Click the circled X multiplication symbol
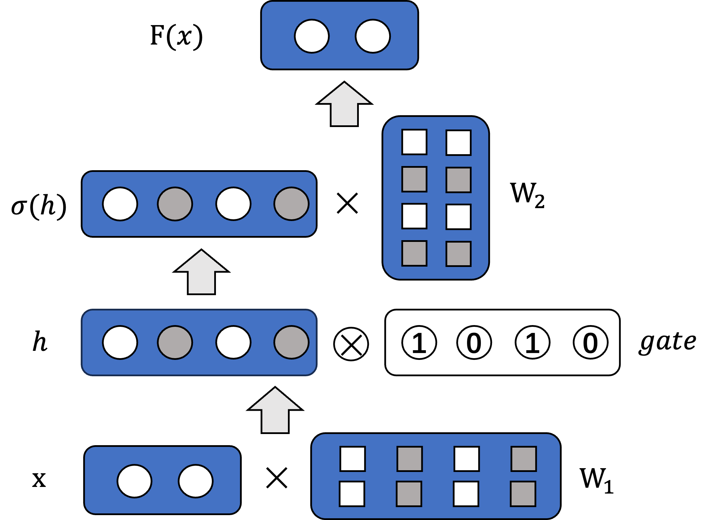351,344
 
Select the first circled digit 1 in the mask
419,342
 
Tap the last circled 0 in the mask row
590,342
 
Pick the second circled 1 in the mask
532,342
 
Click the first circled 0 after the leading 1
474,342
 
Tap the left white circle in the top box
312,36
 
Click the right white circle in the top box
373,36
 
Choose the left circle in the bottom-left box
134,481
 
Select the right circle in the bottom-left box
195,481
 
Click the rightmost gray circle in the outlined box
291,342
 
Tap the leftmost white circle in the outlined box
120,342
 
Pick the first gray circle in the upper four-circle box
175,204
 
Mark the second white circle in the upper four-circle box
233,204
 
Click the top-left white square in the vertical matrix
414,142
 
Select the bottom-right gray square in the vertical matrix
458,254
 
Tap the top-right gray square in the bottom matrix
524,459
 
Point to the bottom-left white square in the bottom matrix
352,494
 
